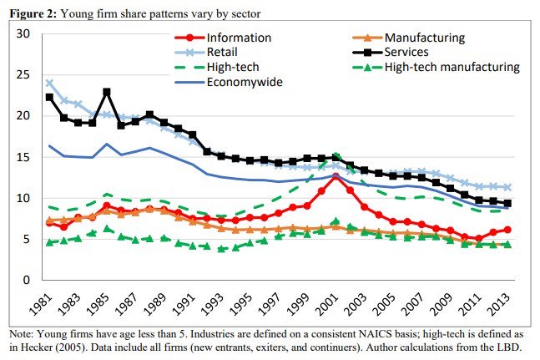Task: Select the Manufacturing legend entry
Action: [x=424, y=38]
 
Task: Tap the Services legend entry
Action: [x=412, y=52]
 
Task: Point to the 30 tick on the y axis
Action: [x=23, y=33]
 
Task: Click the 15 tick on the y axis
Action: [x=23, y=156]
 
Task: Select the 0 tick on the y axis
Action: [x=27, y=280]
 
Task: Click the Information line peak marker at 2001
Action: [x=336, y=176]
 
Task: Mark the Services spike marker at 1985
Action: [x=107, y=92]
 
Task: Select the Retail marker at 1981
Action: [x=50, y=83]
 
